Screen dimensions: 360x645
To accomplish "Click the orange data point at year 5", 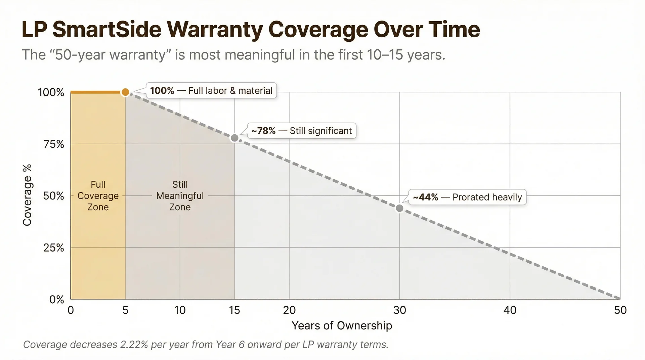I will (125, 92).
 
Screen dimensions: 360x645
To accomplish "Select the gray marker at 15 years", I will (234, 138).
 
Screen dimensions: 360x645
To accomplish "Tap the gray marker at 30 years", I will (399, 208).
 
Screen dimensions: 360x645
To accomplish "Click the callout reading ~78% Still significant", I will (301, 131).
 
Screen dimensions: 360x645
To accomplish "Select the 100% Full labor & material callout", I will (211, 91).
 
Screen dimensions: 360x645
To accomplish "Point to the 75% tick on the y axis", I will (54, 144).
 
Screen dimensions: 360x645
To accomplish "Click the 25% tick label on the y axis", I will (54, 248).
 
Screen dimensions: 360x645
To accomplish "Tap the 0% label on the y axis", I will (56, 299).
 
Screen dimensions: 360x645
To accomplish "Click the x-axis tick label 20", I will (289, 310).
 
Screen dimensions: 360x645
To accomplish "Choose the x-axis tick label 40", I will (510, 310).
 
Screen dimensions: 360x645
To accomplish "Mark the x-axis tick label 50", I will (620, 310).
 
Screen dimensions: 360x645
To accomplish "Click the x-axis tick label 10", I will (180, 310).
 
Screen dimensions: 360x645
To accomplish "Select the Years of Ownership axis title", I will (342, 325).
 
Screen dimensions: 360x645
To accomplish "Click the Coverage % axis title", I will (27, 195).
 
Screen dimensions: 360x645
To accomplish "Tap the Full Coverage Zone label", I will (98, 196).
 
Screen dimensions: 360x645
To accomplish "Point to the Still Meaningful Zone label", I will (180, 196).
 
